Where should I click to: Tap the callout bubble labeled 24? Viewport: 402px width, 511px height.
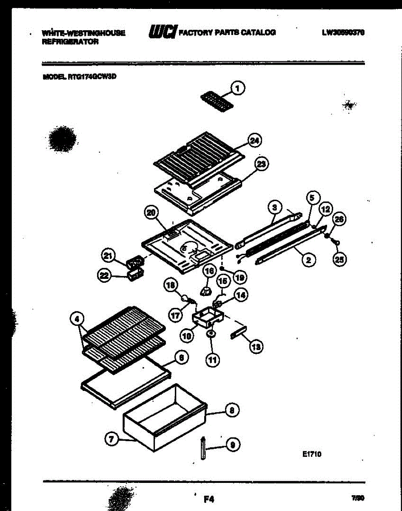click(x=255, y=141)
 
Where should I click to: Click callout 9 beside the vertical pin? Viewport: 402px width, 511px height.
click(x=232, y=445)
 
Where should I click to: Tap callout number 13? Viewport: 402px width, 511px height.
click(x=256, y=347)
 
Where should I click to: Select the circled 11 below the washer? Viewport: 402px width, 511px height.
click(x=213, y=360)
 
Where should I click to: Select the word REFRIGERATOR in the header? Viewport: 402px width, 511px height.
click(x=70, y=42)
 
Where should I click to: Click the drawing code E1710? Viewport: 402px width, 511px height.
click(x=312, y=455)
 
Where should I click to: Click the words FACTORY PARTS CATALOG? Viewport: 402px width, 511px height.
click(x=228, y=32)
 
